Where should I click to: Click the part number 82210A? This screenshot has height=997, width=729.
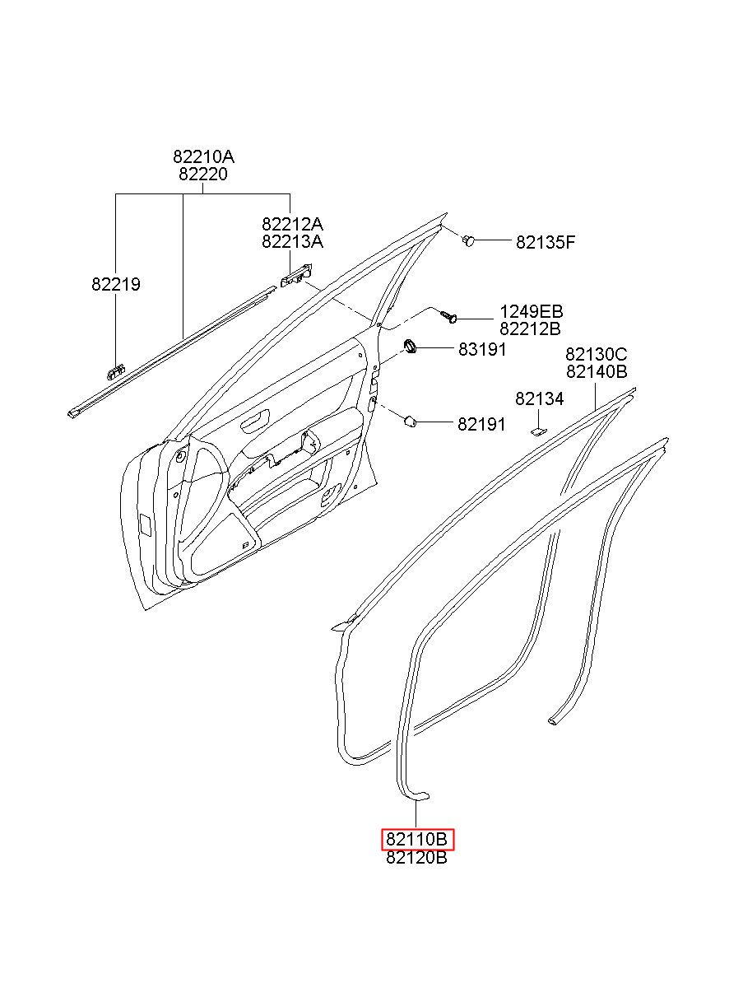click(x=203, y=156)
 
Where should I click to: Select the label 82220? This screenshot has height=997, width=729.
click(x=203, y=175)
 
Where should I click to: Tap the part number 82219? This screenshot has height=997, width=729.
click(x=116, y=285)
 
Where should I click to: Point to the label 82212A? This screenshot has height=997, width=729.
click(x=292, y=224)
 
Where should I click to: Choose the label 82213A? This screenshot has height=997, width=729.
click(x=292, y=241)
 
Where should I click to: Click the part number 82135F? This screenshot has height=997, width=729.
click(x=546, y=242)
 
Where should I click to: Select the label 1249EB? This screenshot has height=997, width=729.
click(x=531, y=312)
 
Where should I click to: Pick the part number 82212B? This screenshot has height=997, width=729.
click(x=531, y=329)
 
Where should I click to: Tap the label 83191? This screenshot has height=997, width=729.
click(x=482, y=349)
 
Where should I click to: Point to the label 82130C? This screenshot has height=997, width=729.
click(x=596, y=354)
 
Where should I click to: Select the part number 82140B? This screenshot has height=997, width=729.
click(x=596, y=372)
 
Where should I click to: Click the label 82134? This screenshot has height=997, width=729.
click(x=540, y=399)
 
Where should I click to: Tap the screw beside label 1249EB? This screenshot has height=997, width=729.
click(x=448, y=315)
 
